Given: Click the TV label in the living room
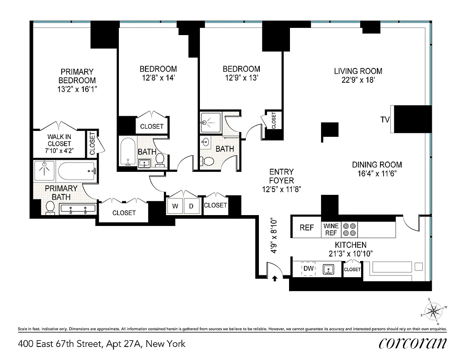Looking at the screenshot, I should (385, 120).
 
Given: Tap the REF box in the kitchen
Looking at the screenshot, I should (307, 228).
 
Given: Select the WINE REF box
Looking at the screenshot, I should (330, 229).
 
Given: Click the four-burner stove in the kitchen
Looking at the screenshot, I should (349, 229).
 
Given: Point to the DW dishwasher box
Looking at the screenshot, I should (308, 269).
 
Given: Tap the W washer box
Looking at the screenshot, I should (176, 206).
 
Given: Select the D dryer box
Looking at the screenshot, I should (191, 206).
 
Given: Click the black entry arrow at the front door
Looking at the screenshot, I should (275, 279).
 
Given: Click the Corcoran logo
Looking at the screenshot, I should (413, 343).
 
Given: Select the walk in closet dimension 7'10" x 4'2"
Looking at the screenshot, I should (59, 151).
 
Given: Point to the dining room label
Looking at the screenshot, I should (377, 165).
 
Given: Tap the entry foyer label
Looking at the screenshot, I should (281, 176).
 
